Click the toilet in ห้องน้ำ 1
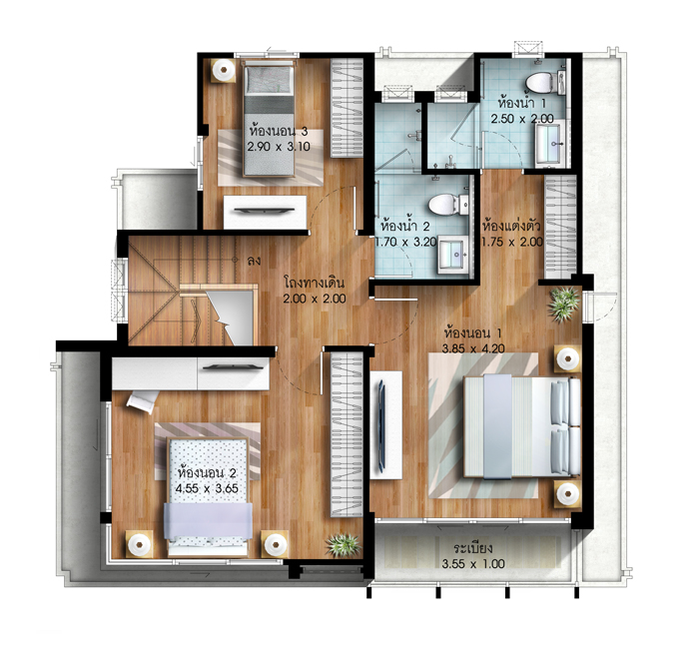tap(545, 83)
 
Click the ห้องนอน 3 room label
tap(279, 132)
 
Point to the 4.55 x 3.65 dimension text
tap(207, 488)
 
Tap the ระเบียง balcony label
tap(473, 548)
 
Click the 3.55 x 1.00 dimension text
tap(473, 564)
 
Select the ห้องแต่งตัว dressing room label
tap(511, 226)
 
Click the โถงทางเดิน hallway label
tap(315, 284)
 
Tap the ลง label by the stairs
tap(254, 261)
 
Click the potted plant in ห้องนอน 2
tap(343, 544)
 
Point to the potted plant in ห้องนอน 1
tap(564, 305)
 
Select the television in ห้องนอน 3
tap(265, 211)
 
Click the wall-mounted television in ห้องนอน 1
tap(381, 424)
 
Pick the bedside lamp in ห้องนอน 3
tap(223, 70)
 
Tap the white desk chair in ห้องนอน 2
tap(143, 401)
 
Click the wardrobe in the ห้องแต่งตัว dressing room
tap(561, 228)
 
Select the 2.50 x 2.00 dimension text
tap(522, 119)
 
